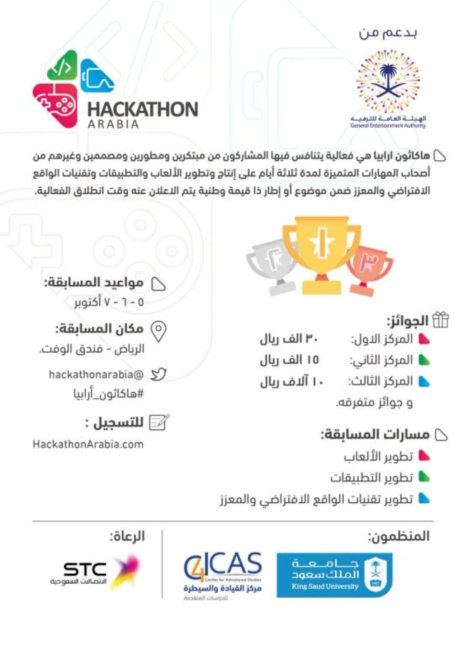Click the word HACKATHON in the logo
coord(143,109)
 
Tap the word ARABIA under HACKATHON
coord(113,125)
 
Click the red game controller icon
coord(55,104)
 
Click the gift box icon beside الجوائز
coord(440,320)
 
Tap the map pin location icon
coord(159,332)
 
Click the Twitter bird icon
coord(158,374)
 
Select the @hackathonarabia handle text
coord(96,374)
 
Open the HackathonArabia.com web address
coord(88,444)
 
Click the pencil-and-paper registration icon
coord(159,423)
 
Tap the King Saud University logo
coord(334,575)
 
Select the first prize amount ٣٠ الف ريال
coord(289,339)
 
